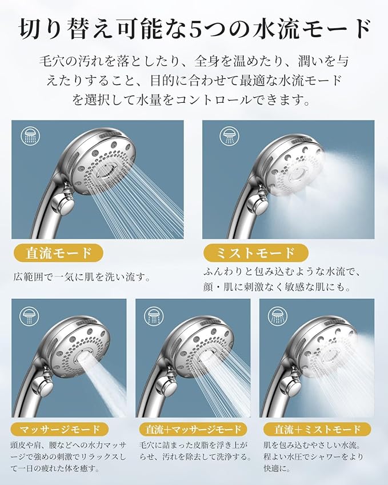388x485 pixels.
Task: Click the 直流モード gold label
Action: pos(58,252)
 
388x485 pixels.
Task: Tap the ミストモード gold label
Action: pos(256,252)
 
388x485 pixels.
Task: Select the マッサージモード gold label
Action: pos(59,429)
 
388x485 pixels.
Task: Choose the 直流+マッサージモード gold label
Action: pos(193,429)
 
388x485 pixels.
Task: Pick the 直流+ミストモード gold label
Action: pos(318,429)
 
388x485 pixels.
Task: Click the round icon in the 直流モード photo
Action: pos(30,136)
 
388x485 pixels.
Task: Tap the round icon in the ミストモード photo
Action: pos(229,136)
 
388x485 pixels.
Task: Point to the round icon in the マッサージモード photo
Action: pos(29,316)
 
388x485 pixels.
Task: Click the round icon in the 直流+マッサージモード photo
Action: pos(154,316)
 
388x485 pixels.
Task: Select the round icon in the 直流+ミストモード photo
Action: pos(278,316)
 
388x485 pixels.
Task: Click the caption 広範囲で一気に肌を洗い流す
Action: pos(82,277)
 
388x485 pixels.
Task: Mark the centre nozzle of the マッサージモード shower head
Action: pos(82,356)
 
